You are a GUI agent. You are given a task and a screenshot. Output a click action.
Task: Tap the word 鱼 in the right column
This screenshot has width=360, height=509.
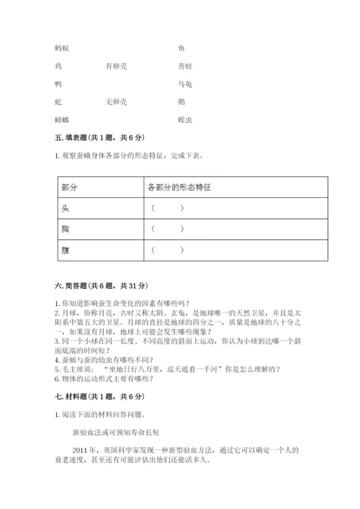[x=181, y=48]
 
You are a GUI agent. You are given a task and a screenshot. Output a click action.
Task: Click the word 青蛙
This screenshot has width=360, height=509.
[x=184, y=66]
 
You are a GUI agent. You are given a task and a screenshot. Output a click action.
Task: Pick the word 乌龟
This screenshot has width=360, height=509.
[x=184, y=84]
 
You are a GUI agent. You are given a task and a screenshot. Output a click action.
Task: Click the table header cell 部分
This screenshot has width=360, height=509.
[x=70, y=187]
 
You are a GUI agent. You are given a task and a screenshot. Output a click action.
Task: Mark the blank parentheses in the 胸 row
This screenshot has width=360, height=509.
[x=167, y=229]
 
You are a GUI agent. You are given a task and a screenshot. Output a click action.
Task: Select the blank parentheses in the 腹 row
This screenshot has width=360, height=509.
[x=167, y=250]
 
